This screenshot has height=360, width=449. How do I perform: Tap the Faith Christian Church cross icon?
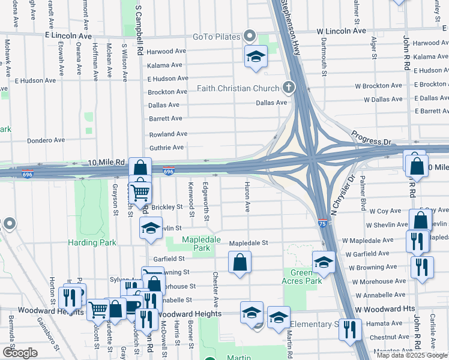point(289,88)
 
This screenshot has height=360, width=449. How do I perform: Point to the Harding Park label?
point(92,242)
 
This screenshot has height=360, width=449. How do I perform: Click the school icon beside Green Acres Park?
point(323,262)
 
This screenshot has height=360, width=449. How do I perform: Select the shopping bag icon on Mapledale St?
point(240,262)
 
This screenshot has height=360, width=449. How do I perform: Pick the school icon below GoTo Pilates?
point(256,57)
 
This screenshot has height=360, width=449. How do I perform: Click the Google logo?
point(20,353)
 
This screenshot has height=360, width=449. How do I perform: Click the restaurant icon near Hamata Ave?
point(349,329)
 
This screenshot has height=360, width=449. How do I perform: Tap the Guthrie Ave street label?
point(166,148)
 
